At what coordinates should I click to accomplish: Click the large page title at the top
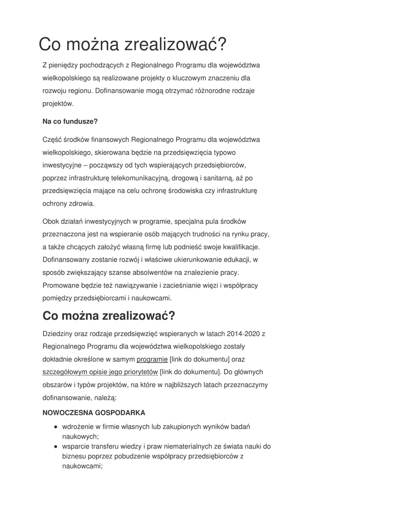133,44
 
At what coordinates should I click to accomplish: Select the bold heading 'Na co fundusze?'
70,122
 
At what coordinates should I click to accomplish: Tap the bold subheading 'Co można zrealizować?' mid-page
109,316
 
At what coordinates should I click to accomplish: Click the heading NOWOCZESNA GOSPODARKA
94,412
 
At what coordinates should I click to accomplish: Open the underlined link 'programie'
152,359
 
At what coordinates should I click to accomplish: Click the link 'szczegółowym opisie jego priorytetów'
100,372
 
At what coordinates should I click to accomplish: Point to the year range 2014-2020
241,333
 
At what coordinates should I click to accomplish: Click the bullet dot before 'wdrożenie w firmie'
56,427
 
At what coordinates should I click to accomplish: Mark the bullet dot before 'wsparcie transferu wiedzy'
56,446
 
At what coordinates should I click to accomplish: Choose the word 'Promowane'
59,285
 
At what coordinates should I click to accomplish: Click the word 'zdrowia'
82,203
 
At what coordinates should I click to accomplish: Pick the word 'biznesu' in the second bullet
74,456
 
